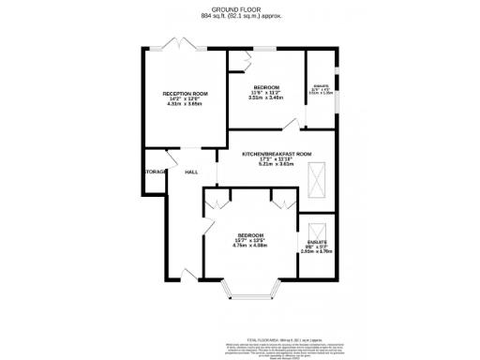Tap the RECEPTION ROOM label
click(x=185, y=95)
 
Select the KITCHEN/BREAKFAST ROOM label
click(x=277, y=153)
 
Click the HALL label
click(x=190, y=172)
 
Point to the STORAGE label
click(x=156, y=172)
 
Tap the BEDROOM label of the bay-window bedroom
click(x=250, y=234)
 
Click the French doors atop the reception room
click(x=171, y=44)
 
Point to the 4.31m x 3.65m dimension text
click(x=185, y=105)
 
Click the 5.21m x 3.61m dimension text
click(x=277, y=164)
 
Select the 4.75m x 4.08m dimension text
click(x=250, y=247)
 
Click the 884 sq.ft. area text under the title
click(x=241, y=17)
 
